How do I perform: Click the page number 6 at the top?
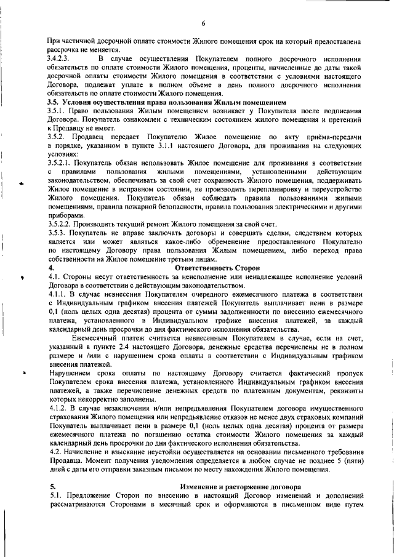pos(203,24)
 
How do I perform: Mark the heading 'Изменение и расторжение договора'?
pos(225,486)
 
